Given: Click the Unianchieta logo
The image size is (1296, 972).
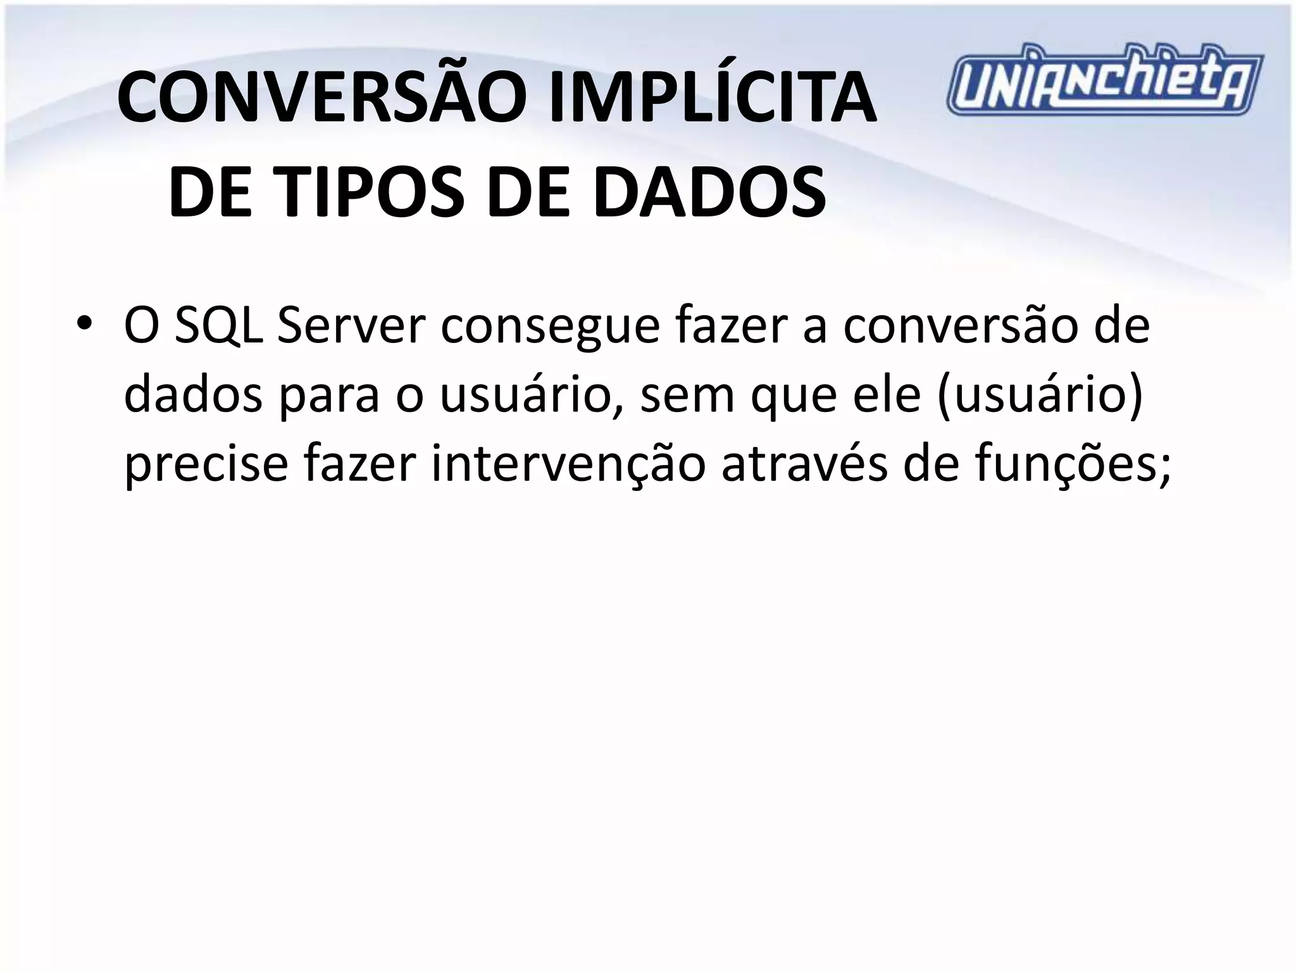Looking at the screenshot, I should (x=1104, y=80).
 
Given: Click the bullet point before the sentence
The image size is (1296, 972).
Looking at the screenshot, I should (x=83, y=327).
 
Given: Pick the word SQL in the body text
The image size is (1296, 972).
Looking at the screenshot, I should (x=219, y=327).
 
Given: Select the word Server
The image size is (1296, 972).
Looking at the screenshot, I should (x=349, y=327).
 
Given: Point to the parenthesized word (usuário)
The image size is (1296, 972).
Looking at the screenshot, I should (x=1041, y=395).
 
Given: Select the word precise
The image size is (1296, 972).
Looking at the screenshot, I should (x=206, y=464).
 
